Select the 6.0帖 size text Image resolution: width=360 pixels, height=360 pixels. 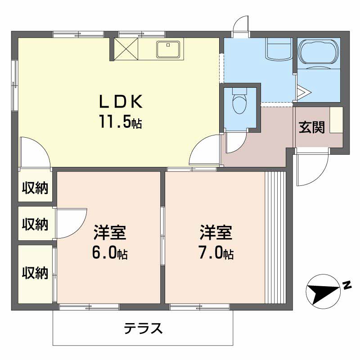(x=110, y=253)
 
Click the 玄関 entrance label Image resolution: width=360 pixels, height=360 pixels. (x=312, y=128)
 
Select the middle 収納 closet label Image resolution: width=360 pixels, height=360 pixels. (x=35, y=224)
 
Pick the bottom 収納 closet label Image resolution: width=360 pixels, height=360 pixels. (x=35, y=273)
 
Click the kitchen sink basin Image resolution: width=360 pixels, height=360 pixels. (x=169, y=49)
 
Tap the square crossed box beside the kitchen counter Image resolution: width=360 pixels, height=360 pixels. (x=126, y=49)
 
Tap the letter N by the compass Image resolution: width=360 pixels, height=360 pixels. (x=346, y=284)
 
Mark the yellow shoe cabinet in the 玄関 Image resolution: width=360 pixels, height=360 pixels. (x=336, y=120)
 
